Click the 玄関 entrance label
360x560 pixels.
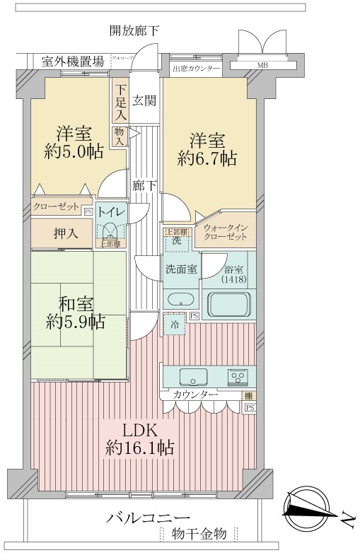click(x=144, y=100)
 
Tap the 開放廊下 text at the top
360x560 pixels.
click(x=134, y=30)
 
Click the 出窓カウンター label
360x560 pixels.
click(x=196, y=68)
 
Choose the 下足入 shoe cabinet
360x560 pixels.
click(x=121, y=100)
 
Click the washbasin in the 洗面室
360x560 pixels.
click(x=179, y=297)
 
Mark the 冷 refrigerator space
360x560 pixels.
click(x=174, y=325)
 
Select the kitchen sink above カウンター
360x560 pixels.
click(x=193, y=375)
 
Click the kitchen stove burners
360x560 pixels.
click(x=237, y=375)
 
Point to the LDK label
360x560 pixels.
click(x=140, y=431)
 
